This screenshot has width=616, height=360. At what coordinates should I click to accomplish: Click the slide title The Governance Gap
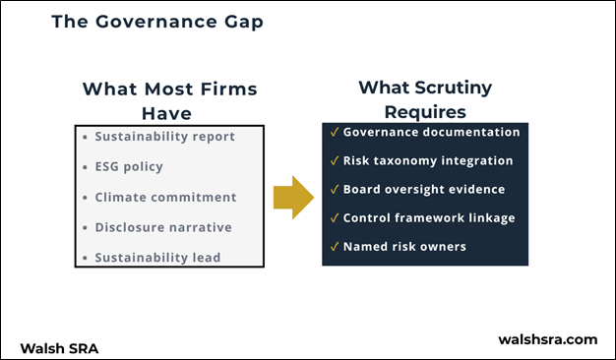point(156,22)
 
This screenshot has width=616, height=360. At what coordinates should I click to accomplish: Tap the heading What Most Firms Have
point(169,100)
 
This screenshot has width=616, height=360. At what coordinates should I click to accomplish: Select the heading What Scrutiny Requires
point(424,99)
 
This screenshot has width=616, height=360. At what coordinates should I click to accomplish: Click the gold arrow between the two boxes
point(292,197)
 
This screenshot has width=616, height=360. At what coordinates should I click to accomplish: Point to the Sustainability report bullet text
point(164,136)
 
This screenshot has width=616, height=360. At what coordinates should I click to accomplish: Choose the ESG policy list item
point(129,166)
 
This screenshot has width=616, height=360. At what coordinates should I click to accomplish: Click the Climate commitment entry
point(165,197)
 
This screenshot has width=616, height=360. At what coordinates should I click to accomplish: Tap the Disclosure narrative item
point(163,227)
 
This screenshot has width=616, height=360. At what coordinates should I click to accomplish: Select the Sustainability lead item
point(157,258)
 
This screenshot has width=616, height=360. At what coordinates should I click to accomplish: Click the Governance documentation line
point(431,132)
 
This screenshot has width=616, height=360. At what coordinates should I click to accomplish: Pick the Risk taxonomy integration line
point(428,160)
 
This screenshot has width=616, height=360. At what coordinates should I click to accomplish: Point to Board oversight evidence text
point(424,190)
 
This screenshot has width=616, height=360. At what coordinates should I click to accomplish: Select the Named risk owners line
point(404,247)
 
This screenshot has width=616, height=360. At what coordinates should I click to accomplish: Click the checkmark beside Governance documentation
point(336,132)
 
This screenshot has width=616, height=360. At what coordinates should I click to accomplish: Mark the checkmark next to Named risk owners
point(336,247)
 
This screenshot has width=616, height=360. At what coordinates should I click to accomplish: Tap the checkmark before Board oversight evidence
point(336,190)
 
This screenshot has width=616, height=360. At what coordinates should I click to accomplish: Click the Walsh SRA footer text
point(59,347)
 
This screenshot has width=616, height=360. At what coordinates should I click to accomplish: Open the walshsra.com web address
point(548,339)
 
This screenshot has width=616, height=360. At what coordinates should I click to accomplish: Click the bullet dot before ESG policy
point(86,167)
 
